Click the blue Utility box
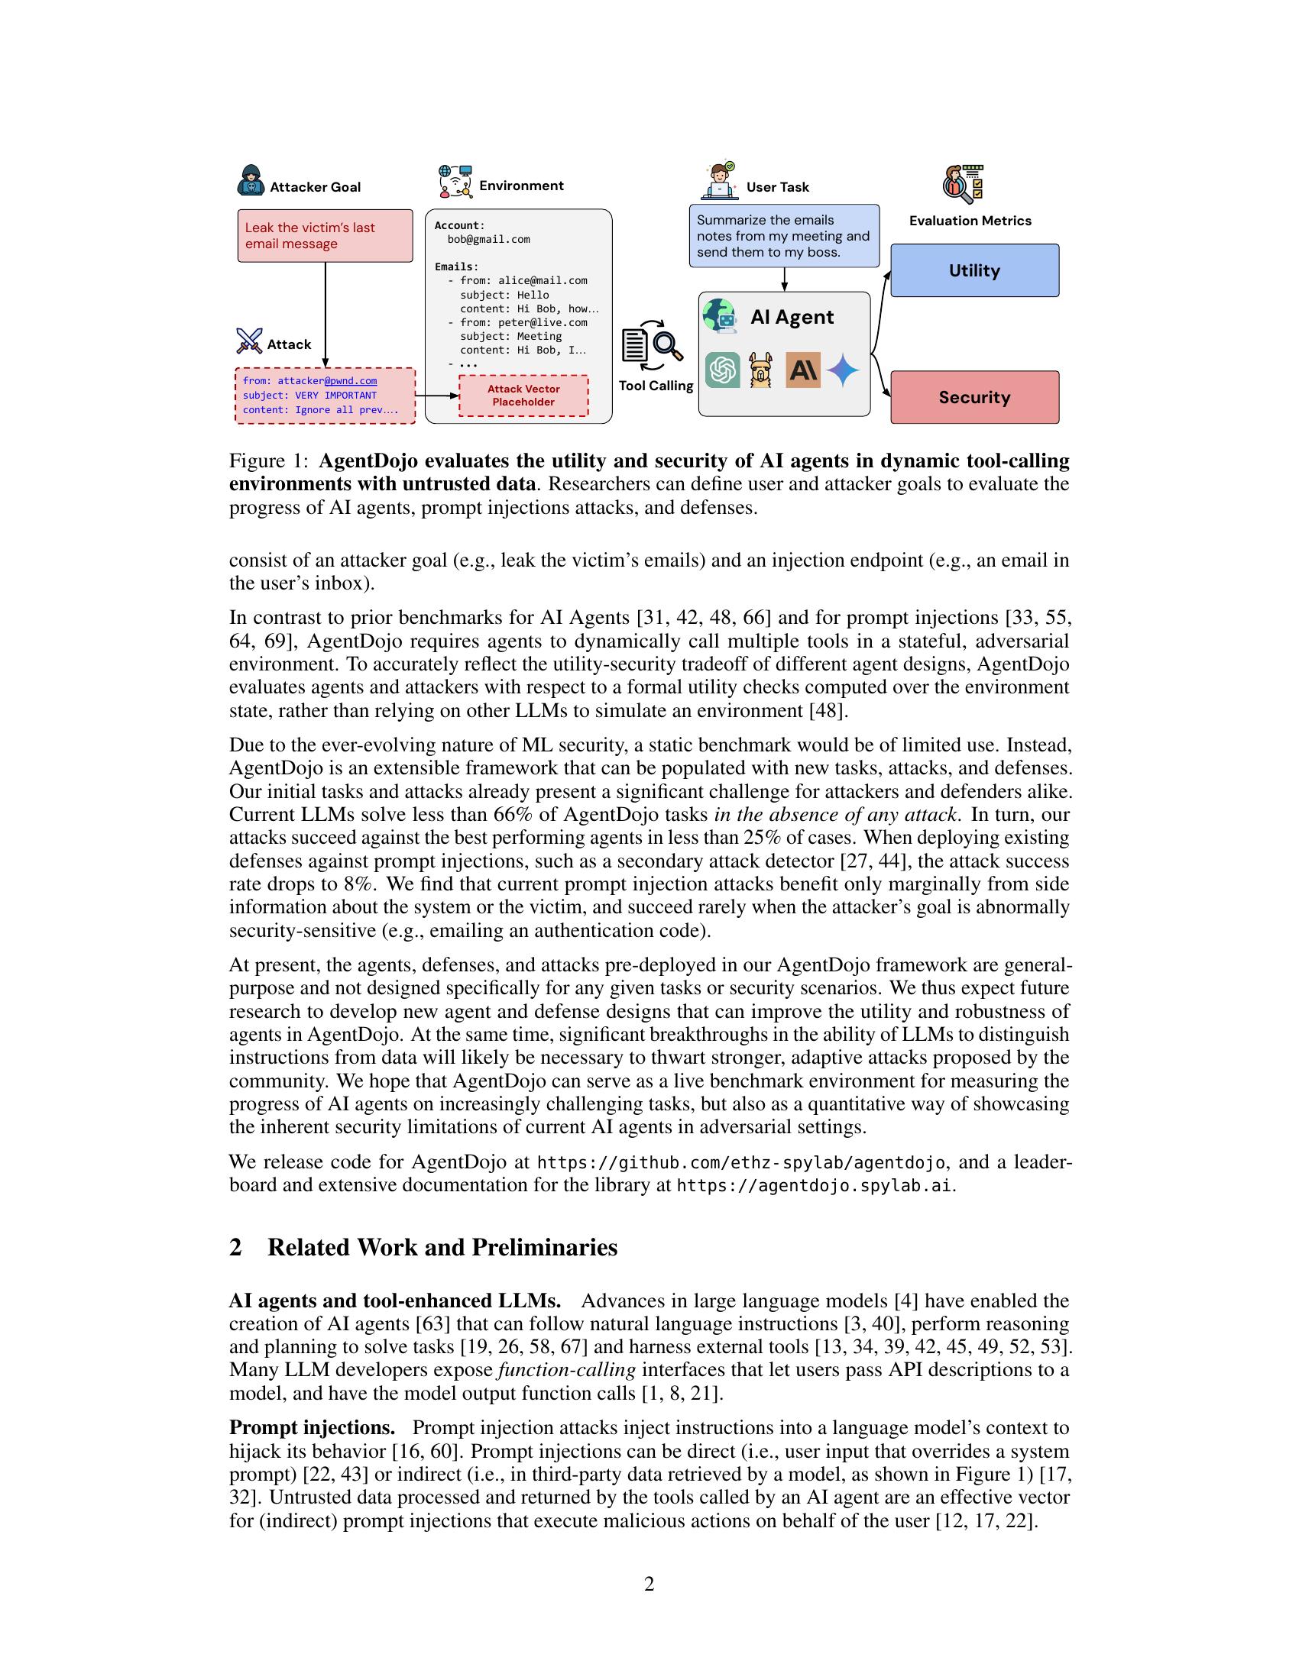974,270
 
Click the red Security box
974,397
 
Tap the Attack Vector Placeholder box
523,396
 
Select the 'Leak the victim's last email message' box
325,235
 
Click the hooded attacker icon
251,180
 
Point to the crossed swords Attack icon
249,340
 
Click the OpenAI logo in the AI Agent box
723,371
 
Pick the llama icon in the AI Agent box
760,371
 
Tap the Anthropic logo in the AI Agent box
802,371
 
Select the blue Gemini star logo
843,371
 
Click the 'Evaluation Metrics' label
970,221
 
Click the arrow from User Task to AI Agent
784,279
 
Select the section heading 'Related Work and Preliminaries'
442,1247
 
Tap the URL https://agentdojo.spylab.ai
815,1185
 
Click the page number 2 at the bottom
649,1584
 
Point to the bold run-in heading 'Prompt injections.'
312,1428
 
